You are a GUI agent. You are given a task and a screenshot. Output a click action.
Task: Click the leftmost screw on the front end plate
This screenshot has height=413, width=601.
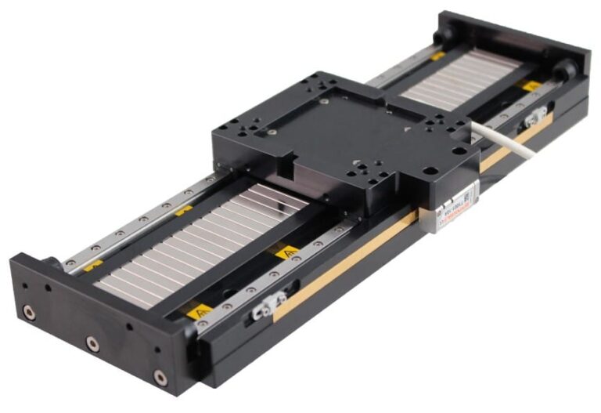pos(29,313)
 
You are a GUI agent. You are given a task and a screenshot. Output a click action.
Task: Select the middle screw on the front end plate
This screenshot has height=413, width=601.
pos(92,343)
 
